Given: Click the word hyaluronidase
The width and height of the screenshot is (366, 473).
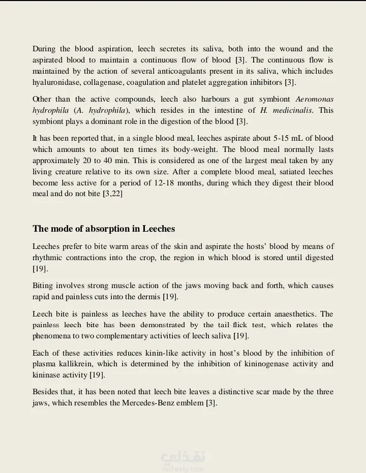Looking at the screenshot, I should pyautogui.click(x=54, y=82).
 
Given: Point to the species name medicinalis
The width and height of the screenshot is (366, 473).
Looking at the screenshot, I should pyautogui.click(x=291, y=110).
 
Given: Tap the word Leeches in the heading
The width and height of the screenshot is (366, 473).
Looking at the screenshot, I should pyautogui.click(x=159, y=229).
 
